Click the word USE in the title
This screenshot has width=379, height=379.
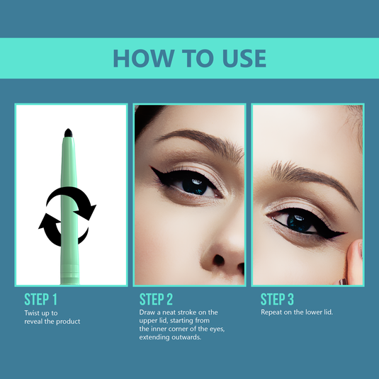(244, 58)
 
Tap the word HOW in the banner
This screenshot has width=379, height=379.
(144, 58)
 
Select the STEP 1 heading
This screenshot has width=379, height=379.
(40, 299)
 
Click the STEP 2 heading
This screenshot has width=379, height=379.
(156, 299)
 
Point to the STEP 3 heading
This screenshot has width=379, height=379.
(277, 299)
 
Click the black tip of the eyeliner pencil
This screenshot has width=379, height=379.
(69, 133)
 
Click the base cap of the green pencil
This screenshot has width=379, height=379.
(70, 275)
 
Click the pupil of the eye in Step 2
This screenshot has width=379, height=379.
(195, 186)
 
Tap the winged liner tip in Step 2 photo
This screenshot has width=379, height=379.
(152, 168)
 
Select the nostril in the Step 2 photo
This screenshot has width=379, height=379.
(218, 260)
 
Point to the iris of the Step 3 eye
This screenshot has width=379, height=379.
(299, 222)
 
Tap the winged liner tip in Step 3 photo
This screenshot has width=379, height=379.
(344, 233)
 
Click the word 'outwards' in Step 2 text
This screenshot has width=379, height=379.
(186, 337)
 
